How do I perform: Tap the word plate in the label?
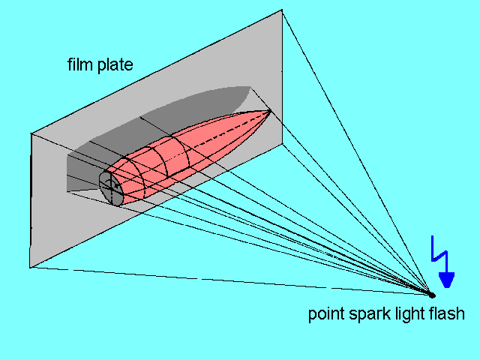(114, 66)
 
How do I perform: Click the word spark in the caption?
(364, 313)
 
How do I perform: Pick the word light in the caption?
(404, 313)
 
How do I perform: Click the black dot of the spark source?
(431, 294)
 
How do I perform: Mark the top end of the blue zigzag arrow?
(433, 237)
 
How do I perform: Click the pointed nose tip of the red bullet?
(270, 111)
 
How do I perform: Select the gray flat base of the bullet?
(109, 187)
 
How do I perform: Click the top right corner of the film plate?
(282, 10)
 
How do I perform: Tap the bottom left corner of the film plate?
(30, 267)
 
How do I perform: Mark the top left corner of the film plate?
(31, 133)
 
